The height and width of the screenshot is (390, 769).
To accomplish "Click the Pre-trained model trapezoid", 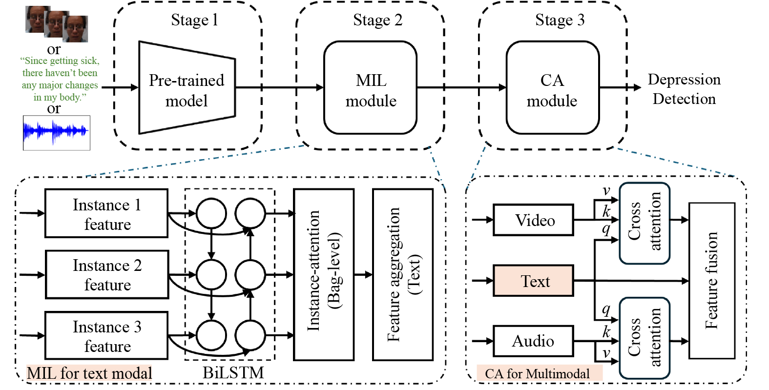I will click(x=187, y=88).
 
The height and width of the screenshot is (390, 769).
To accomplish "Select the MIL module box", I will click(x=371, y=88).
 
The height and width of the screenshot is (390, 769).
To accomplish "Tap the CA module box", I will click(x=552, y=88).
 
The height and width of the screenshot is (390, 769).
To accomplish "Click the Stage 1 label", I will click(x=194, y=21).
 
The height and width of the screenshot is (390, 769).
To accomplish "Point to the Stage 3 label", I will click(x=560, y=21).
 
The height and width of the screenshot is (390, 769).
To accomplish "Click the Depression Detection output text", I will click(x=684, y=89).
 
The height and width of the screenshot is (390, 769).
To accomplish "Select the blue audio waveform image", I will click(x=57, y=132).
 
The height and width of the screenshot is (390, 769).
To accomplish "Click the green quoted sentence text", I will click(x=60, y=79).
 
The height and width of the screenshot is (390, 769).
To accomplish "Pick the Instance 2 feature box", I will click(x=107, y=275).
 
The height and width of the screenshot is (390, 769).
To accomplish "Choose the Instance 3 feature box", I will click(x=107, y=336).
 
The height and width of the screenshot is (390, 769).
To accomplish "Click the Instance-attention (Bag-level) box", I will click(x=324, y=275).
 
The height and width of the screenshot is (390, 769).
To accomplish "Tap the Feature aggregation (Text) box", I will click(x=403, y=275).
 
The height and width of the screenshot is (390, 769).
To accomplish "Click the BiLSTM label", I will click(x=233, y=373).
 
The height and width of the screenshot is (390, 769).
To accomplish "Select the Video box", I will click(x=534, y=220).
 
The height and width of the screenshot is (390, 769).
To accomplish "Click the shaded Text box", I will click(x=534, y=281).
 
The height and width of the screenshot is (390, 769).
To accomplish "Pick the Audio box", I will click(x=534, y=341).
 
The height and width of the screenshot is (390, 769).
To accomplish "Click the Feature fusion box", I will click(x=712, y=281).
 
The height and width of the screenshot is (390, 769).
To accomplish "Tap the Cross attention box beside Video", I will click(x=644, y=224).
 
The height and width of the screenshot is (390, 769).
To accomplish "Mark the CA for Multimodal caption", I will click(x=537, y=374).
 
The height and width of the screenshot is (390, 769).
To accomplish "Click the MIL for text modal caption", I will click(x=89, y=373).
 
